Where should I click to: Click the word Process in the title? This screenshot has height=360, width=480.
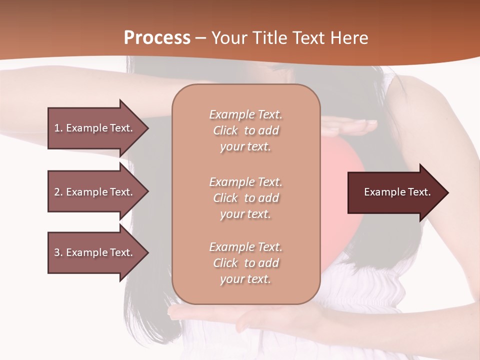click(x=157, y=38)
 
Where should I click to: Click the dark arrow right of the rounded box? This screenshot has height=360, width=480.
click(x=395, y=192)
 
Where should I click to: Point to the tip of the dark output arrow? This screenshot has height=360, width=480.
click(x=447, y=192)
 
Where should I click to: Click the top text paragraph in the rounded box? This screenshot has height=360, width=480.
click(x=245, y=130)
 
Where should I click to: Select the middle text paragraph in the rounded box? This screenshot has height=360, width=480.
click(x=245, y=198)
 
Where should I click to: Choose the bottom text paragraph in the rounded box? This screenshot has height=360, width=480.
click(x=245, y=263)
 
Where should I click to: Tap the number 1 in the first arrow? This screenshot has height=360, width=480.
click(x=57, y=128)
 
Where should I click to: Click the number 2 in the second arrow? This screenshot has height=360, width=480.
click(x=57, y=192)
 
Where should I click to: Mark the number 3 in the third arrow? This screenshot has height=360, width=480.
click(x=57, y=252)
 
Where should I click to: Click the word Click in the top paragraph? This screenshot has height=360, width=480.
click(x=225, y=130)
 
